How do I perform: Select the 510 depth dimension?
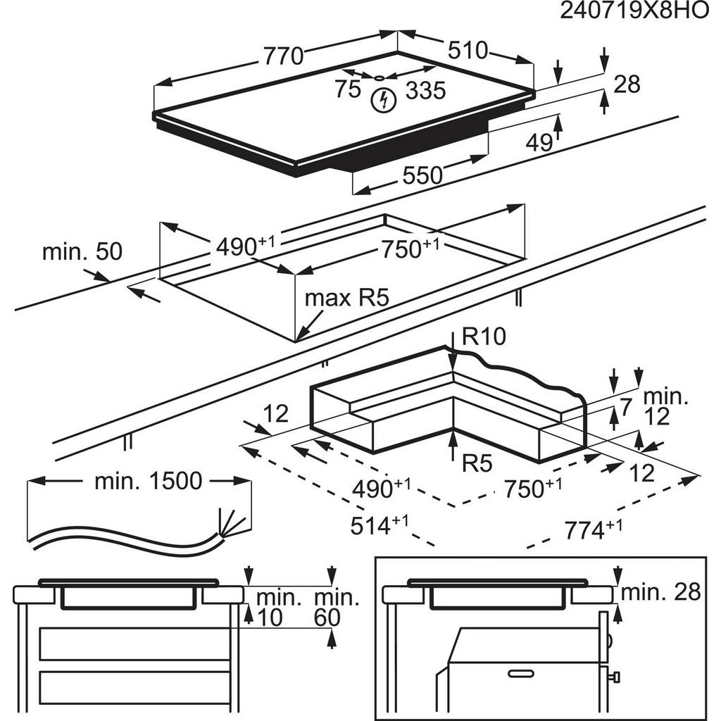click(x=468, y=50)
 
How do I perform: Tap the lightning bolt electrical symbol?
click(x=383, y=101)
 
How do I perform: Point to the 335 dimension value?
click(x=425, y=90)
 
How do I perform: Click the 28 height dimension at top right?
click(x=627, y=84)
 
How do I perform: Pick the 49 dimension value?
click(x=539, y=143)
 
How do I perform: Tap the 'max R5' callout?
click(x=346, y=298)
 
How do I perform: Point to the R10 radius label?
click(x=484, y=338)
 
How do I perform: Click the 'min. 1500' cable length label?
click(x=148, y=482)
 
